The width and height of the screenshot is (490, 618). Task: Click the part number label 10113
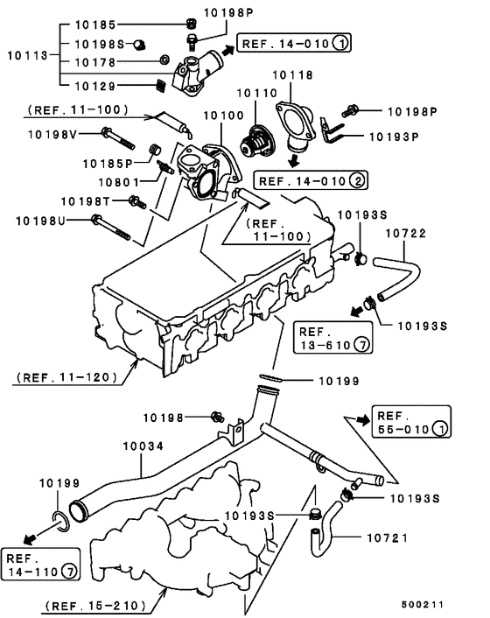26,53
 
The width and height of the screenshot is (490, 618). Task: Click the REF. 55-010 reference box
410,423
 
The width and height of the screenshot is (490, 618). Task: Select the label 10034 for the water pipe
140,446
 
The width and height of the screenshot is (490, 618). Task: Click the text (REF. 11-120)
66,379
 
